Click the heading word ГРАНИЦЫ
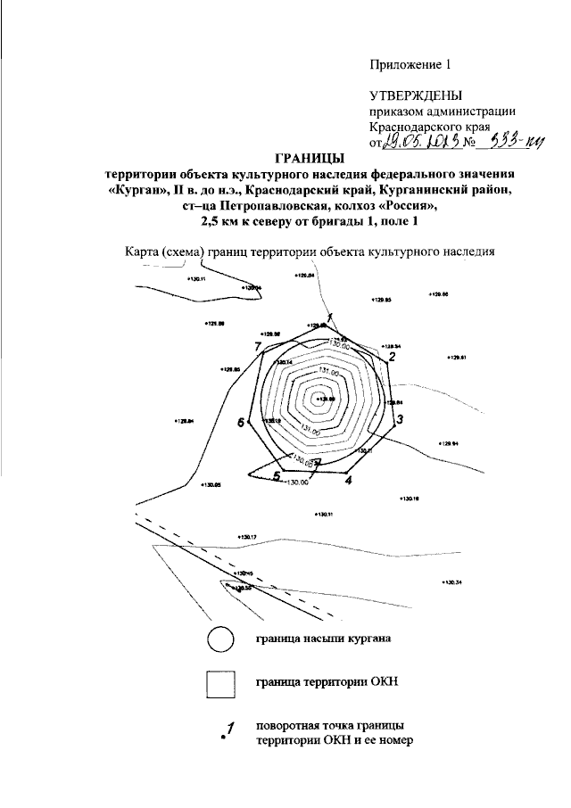[x=309, y=158]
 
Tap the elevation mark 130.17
[x=247, y=537]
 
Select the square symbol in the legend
[x=220, y=685]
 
